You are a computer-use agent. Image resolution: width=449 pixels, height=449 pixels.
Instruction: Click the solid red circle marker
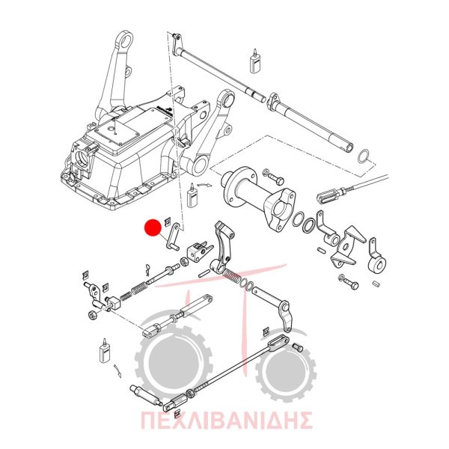pos(153,227)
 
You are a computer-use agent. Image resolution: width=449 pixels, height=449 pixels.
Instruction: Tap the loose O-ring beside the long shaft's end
pos(364,156)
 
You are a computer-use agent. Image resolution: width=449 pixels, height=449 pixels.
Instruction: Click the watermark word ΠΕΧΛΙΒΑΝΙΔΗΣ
pos(226,420)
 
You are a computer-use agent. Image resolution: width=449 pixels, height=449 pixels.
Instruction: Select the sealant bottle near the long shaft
pos(254,61)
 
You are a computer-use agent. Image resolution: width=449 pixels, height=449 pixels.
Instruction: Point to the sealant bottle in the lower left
pos(105,352)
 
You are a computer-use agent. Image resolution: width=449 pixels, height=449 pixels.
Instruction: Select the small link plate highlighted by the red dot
pos(174,236)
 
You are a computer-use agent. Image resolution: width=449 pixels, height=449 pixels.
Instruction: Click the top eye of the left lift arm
pos(126,39)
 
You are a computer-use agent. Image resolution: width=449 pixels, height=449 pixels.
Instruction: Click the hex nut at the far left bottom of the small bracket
pos(92,315)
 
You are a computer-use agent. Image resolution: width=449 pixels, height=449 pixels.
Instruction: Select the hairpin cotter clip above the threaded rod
pos(147,269)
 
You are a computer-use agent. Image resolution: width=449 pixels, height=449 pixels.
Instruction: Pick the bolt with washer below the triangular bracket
pos(349,282)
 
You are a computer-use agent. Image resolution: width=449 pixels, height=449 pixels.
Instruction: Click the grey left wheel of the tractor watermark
pos(174,361)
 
